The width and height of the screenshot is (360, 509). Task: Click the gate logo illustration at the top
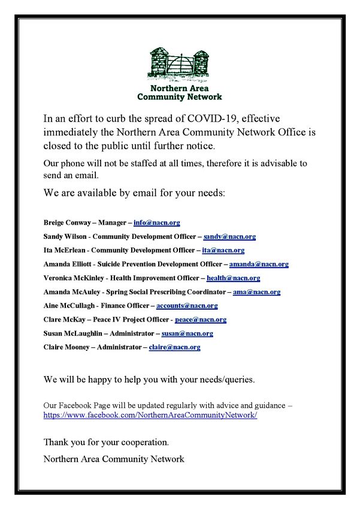pyautogui.click(x=180, y=63)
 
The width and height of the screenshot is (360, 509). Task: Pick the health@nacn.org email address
pyautogui.click(x=233, y=278)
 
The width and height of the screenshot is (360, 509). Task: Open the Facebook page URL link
pyautogui.click(x=150, y=414)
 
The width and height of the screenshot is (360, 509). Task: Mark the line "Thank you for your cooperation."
pyautogui.click(x=106, y=443)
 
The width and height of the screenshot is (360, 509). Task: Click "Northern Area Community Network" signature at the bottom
pyautogui.click(x=114, y=459)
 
